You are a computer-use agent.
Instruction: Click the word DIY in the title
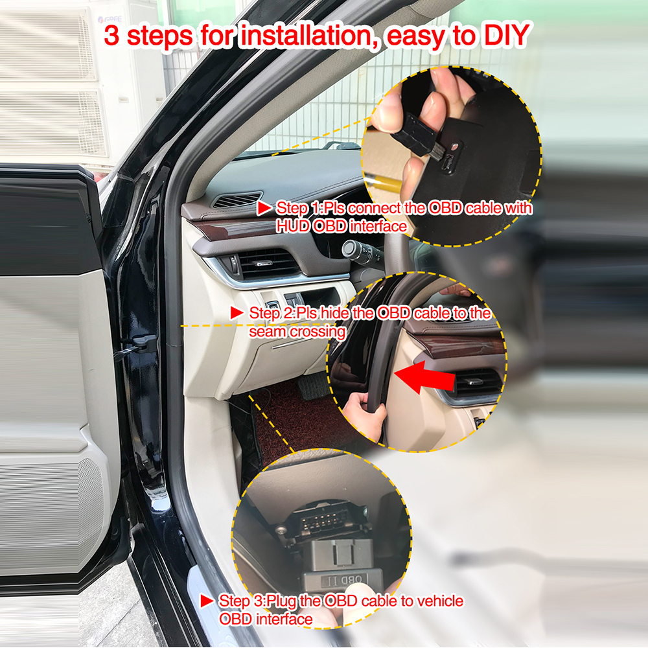tap(506, 36)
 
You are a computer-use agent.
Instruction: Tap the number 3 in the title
tap(111, 36)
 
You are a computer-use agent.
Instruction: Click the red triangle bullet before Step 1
tap(264, 208)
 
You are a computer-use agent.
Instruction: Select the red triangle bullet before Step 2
tap(237, 313)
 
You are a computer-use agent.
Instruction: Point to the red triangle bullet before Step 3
tap(207, 601)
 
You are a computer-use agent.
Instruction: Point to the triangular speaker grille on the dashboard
tap(238, 200)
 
